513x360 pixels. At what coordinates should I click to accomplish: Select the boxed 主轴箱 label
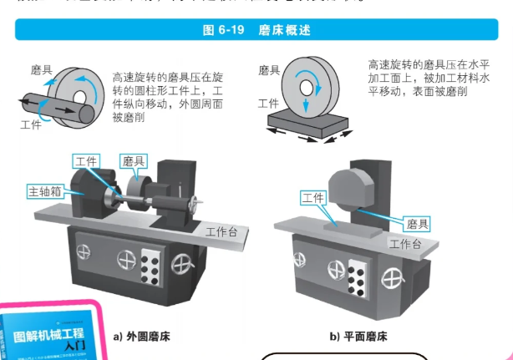click(43, 190)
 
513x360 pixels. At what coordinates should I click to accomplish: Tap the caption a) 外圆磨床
click(144, 337)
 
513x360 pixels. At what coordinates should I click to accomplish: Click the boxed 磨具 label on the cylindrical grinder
click(134, 160)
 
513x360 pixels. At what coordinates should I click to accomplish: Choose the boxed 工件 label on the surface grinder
click(313, 198)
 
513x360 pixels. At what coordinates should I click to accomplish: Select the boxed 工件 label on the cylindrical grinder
click(87, 160)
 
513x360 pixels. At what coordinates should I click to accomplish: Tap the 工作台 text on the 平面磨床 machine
click(405, 243)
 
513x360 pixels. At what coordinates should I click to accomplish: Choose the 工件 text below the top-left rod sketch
click(31, 124)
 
